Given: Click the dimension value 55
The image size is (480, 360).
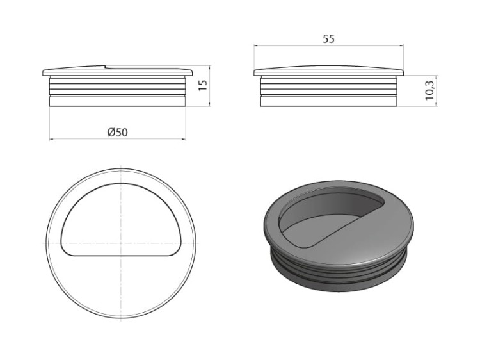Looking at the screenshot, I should pos(328,39).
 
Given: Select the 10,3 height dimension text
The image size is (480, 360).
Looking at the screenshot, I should pos(429,89).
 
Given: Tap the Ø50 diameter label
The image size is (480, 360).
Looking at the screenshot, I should pos(117,132).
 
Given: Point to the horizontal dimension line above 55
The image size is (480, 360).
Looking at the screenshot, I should pos(328,46).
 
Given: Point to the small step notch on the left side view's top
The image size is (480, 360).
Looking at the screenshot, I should pos(104,65).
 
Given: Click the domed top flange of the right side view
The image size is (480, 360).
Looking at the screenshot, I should pos(328,70).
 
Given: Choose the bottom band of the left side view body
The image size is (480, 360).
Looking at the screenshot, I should pos(117,101).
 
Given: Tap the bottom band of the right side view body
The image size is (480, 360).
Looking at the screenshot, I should pos(328,101).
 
